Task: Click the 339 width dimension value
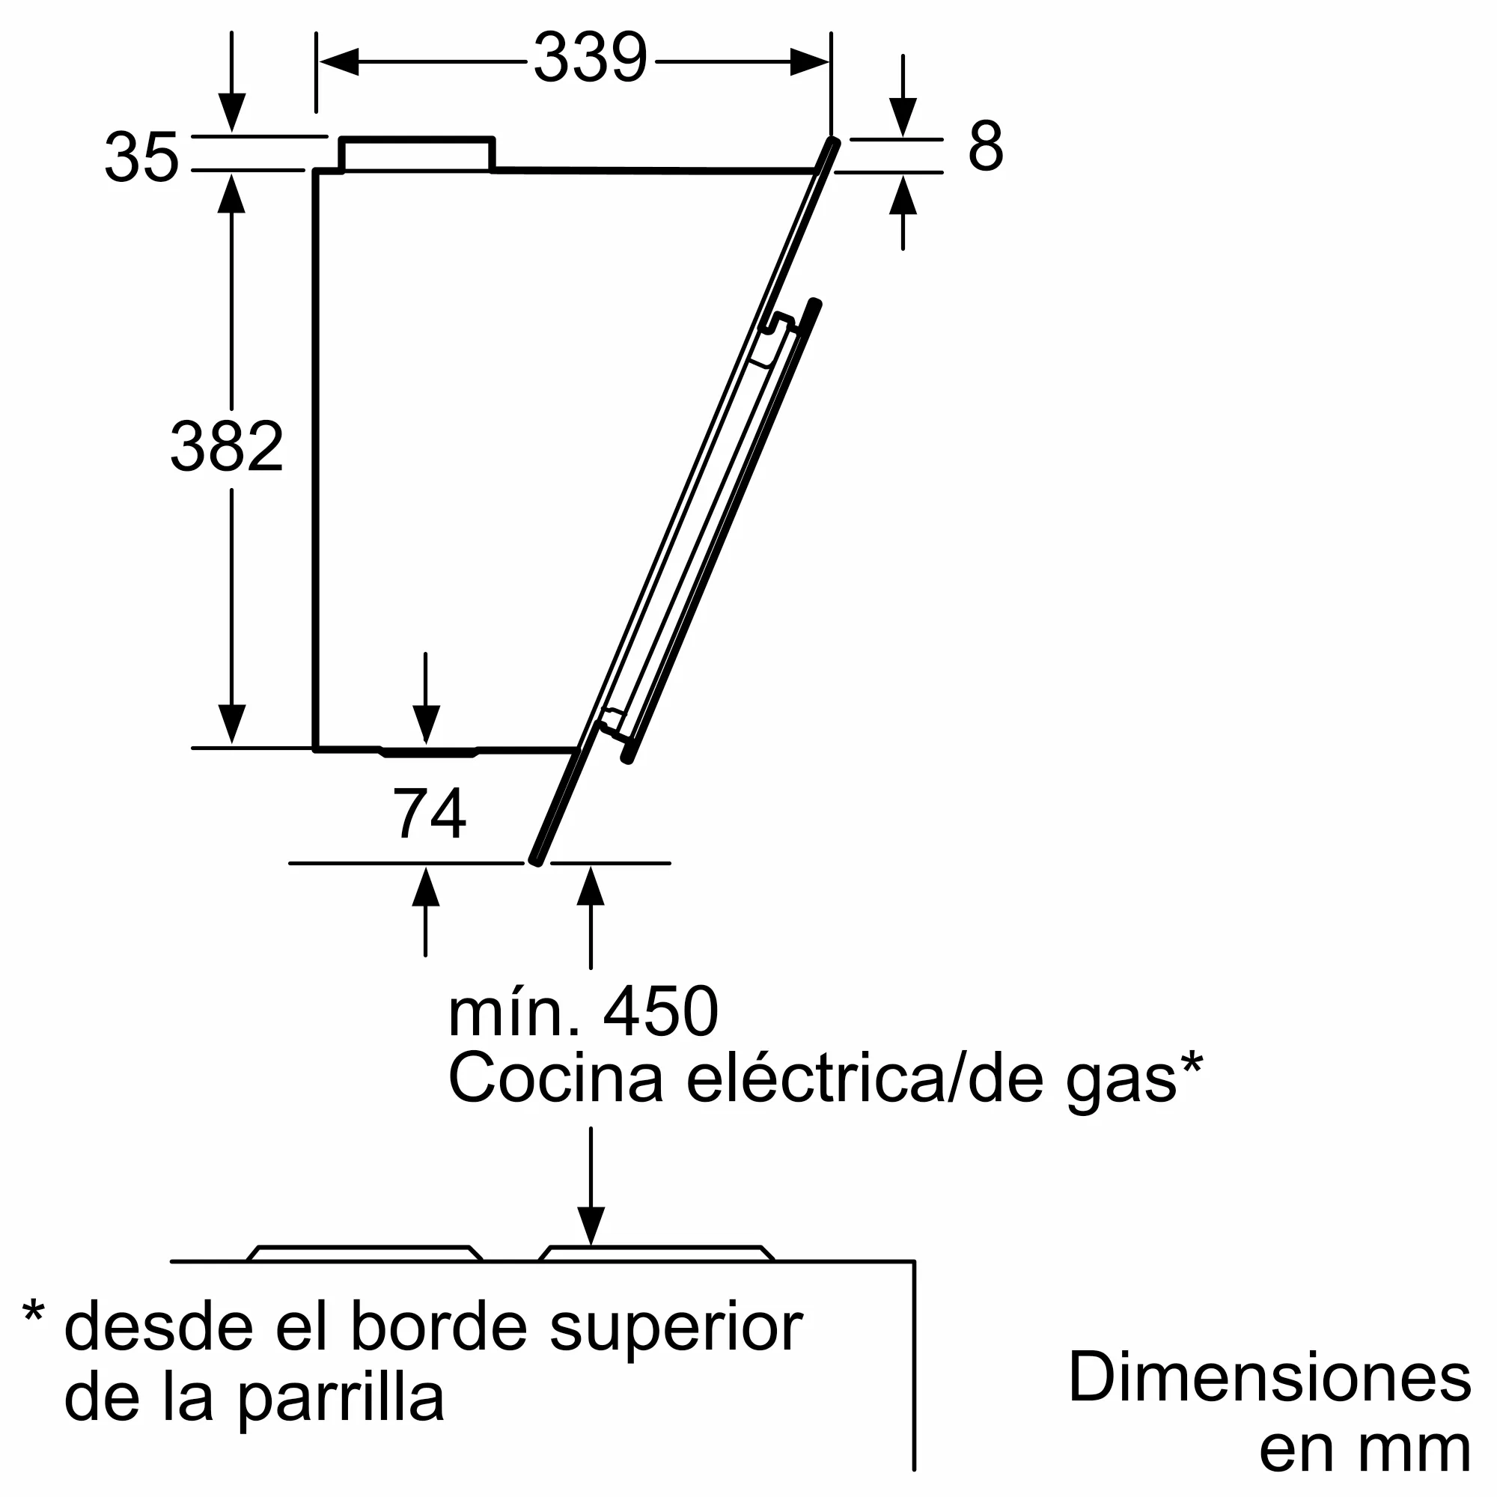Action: [x=591, y=58]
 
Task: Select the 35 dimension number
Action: [x=141, y=157]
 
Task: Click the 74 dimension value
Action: [x=429, y=813]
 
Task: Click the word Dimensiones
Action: [x=1270, y=1377]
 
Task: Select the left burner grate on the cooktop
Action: [x=365, y=1254]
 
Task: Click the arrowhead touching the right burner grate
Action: [x=591, y=1226]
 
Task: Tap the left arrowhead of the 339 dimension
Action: [x=339, y=62]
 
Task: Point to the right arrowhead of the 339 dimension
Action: [x=810, y=62]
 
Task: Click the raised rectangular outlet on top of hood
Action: [x=417, y=154]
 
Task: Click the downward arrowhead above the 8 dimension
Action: [x=903, y=118]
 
